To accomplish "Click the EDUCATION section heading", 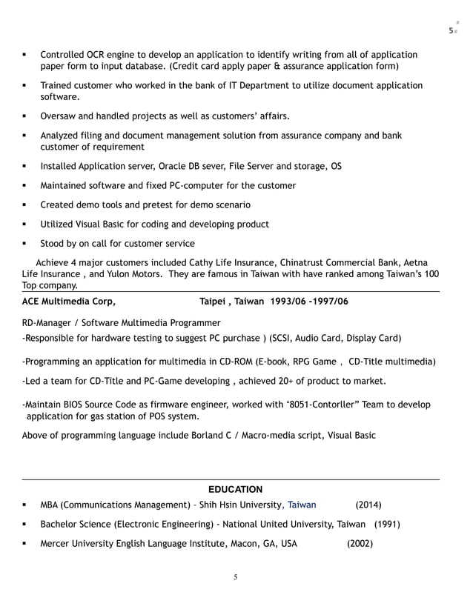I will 235,489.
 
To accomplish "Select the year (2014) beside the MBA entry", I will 368,505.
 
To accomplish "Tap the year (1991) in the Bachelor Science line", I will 387,524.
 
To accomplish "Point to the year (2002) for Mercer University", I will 360,543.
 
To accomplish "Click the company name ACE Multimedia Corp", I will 68,302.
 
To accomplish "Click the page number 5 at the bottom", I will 235,578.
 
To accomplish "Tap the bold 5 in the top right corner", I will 451,30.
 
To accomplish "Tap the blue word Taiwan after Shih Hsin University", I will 302,505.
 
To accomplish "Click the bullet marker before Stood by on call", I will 24,243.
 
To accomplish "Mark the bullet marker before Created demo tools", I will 24,204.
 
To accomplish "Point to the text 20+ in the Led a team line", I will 281,381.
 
